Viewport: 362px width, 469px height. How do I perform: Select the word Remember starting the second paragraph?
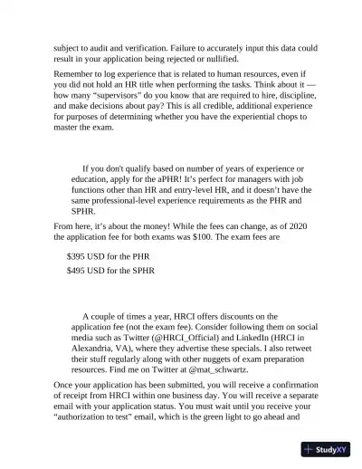[x=79, y=79]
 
